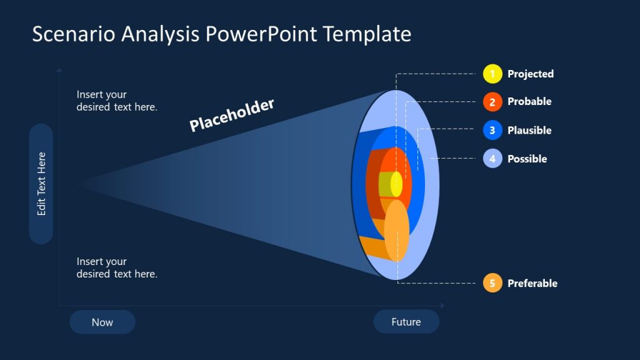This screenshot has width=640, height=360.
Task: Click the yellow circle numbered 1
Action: tap(492, 74)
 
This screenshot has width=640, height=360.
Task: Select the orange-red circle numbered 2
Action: tap(492, 102)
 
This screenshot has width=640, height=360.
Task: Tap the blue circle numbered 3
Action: tap(492, 130)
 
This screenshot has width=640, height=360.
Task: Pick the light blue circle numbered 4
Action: tap(492, 159)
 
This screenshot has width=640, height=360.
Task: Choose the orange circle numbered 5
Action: tap(492, 283)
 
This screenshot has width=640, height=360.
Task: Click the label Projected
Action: tap(530, 74)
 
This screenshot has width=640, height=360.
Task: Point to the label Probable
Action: tap(529, 102)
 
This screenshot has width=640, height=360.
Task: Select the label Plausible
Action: tap(529, 130)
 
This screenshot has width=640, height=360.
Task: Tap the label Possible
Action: tap(527, 159)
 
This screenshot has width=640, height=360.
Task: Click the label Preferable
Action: tap(532, 283)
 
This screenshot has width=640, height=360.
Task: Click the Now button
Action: tap(102, 322)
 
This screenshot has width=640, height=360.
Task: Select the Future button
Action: tap(406, 322)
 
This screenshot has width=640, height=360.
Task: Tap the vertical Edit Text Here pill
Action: tap(41, 184)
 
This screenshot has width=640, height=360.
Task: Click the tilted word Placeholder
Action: tap(232, 115)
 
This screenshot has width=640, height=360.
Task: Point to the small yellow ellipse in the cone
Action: tap(396, 184)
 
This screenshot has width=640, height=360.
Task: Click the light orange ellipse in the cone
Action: tap(396, 230)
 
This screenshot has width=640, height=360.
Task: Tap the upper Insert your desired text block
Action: tap(117, 101)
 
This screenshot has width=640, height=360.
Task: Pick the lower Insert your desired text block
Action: tap(117, 267)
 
